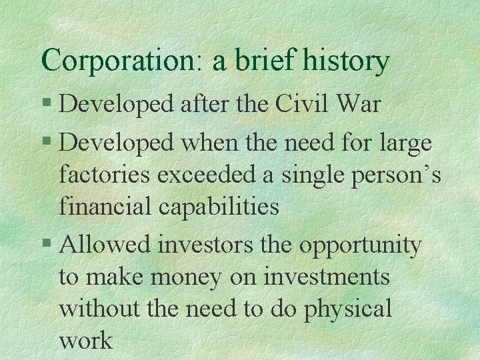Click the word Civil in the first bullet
click(x=311, y=106)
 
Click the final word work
click(x=86, y=341)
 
